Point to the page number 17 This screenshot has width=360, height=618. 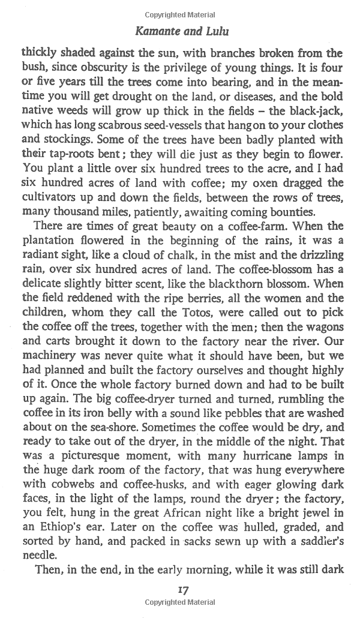coord(183,590)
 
